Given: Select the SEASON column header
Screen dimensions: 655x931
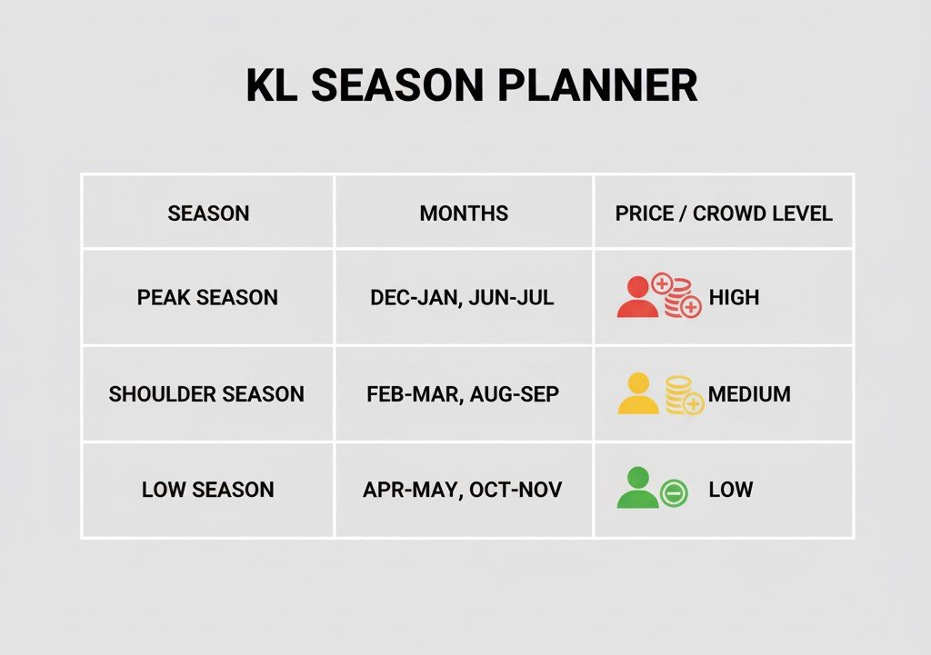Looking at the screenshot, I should tap(208, 213).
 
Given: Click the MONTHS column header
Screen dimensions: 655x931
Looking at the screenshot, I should tap(464, 213).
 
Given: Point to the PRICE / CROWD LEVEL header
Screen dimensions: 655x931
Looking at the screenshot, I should tap(724, 213).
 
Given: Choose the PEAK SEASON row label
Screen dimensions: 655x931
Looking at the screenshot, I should tap(207, 298).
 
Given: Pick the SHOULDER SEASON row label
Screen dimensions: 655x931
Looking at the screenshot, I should tap(206, 394).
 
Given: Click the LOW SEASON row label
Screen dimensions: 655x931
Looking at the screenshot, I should tap(207, 490).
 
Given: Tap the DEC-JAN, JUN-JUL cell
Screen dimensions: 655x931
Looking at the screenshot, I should tap(462, 298).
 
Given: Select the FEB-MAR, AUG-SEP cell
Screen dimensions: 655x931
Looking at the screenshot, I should tap(463, 394).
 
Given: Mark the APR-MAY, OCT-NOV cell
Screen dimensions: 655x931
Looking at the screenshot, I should tap(462, 490).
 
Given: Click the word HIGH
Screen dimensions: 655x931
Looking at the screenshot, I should tap(734, 298).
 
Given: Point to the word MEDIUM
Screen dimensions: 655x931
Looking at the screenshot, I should tap(749, 394).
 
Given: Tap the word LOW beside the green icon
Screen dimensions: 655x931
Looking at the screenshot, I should tap(731, 490).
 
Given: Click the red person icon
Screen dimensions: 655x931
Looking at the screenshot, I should tap(637, 298).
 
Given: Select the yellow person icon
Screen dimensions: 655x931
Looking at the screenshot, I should tap(638, 394).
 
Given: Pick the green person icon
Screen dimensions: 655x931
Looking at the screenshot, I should tap(637, 489).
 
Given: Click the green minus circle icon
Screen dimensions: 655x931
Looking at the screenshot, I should tap(674, 493).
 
